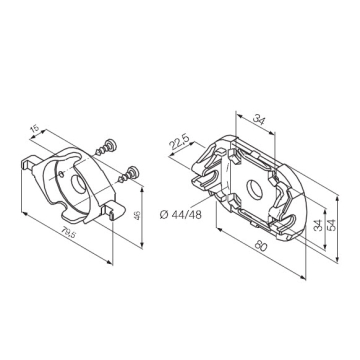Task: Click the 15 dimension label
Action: tap(34, 129)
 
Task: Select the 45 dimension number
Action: tap(137, 215)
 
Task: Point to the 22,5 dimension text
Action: tap(178, 142)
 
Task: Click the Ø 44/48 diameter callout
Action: tap(181, 215)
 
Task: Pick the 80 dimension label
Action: tap(262, 245)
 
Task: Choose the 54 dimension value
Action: tap(332, 225)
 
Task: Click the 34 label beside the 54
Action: tap(318, 226)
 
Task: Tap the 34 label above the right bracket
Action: tap(259, 119)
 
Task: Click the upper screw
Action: tap(107, 148)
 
